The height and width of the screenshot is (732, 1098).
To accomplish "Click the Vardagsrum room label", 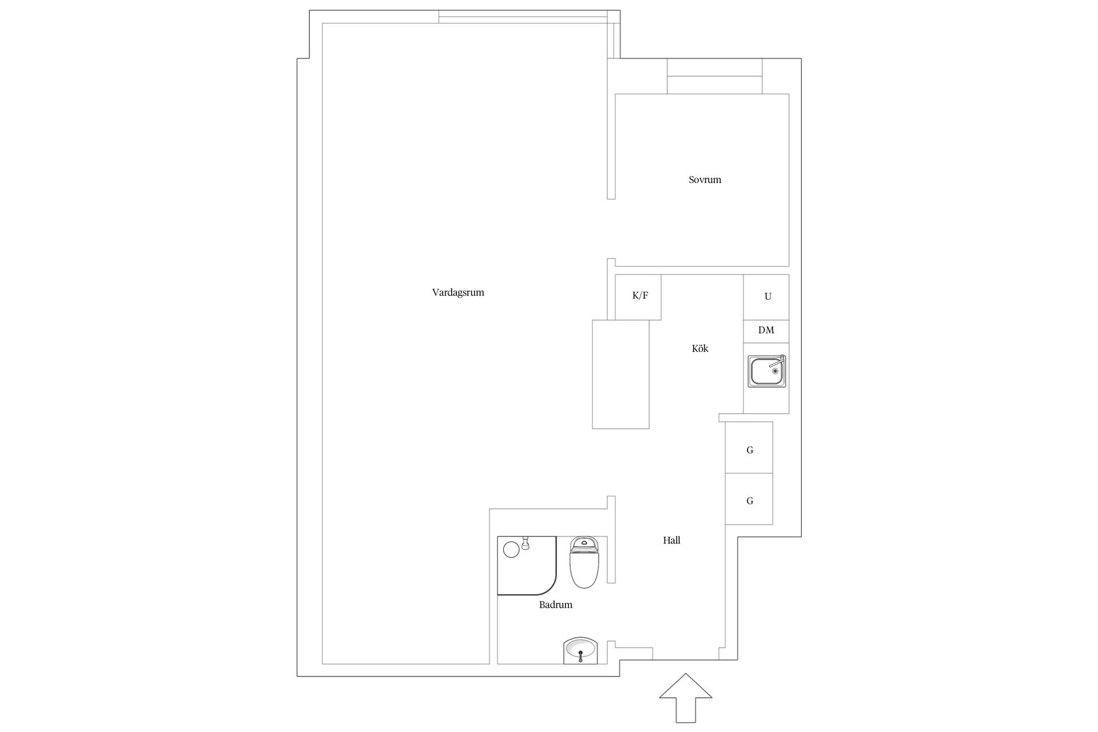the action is click(x=458, y=293).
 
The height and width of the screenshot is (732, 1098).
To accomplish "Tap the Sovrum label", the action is click(x=705, y=180).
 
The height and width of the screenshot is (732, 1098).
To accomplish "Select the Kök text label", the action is click(x=700, y=348).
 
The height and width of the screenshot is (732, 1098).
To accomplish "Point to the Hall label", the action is click(x=671, y=540).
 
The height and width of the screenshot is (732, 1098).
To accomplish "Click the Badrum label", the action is click(x=555, y=604).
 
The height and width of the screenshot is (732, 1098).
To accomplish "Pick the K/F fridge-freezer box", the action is click(x=638, y=297).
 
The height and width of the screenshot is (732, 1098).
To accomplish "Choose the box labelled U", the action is click(x=766, y=297).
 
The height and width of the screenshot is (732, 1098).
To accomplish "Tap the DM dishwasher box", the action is click(x=766, y=332).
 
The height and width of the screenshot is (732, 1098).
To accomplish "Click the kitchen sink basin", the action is click(x=766, y=371).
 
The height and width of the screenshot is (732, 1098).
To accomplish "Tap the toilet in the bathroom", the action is click(x=584, y=563).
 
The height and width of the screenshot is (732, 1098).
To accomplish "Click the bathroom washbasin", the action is click(x=581, y=651).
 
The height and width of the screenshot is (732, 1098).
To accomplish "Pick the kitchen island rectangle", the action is click(x=620, y=374).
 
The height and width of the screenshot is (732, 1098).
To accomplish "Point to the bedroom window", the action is click(x=715, y=76).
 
